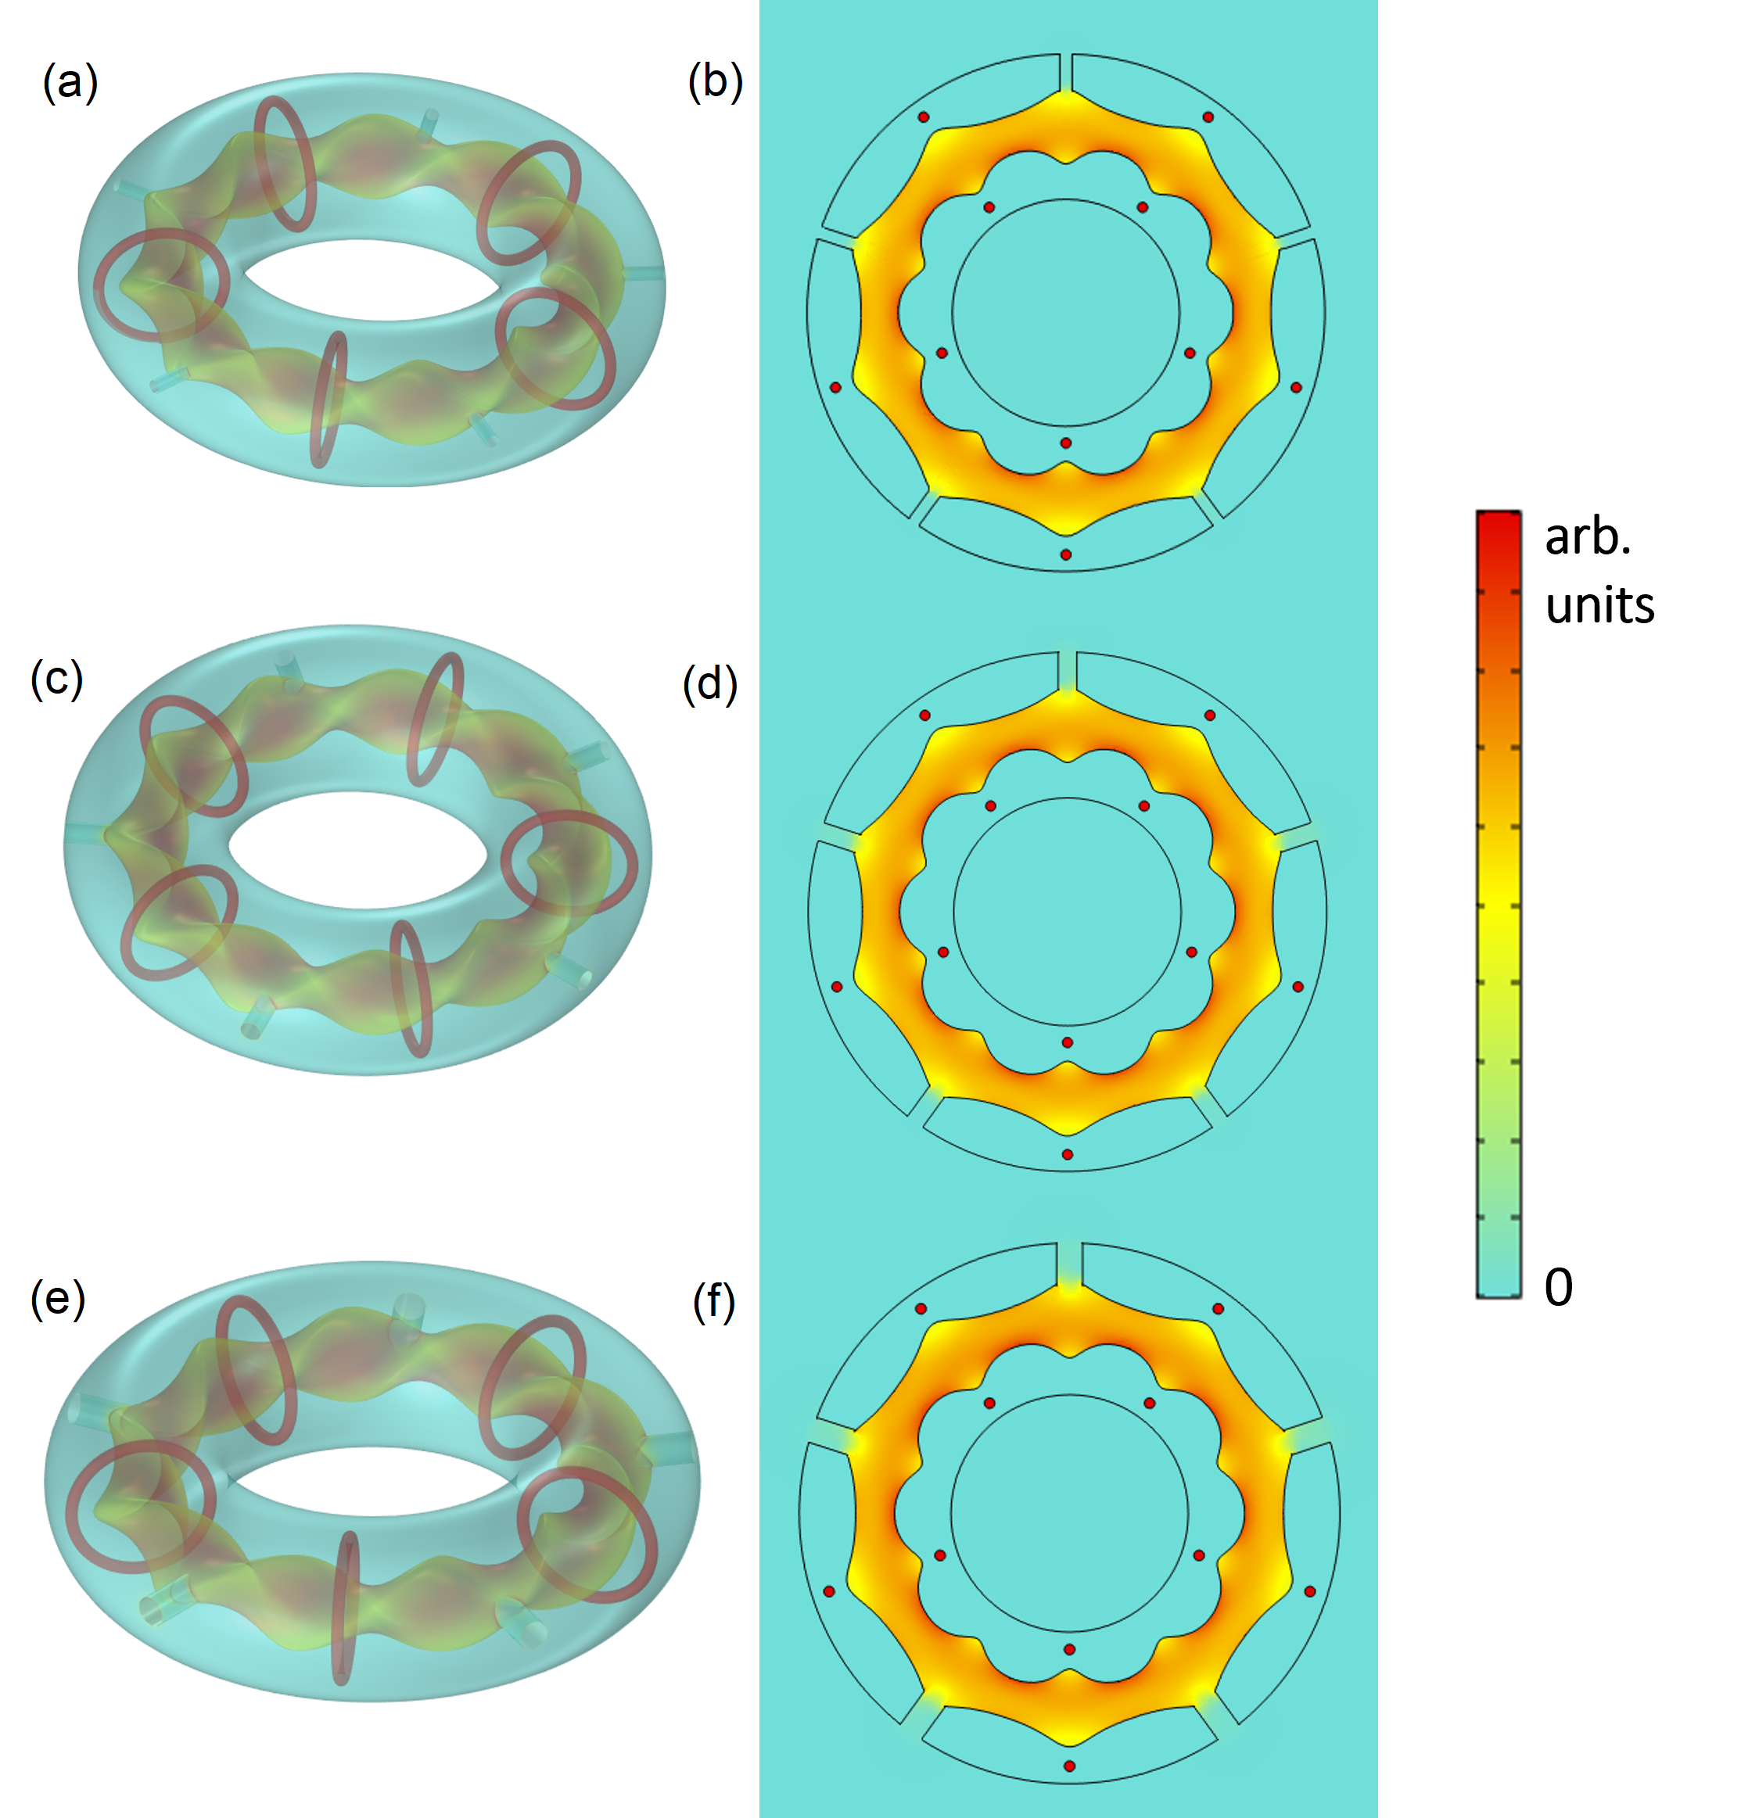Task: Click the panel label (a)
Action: point(70,84)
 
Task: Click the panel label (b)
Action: point(716,83)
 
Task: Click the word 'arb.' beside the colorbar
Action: point(1588,537)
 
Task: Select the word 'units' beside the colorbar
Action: point(1599,606)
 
